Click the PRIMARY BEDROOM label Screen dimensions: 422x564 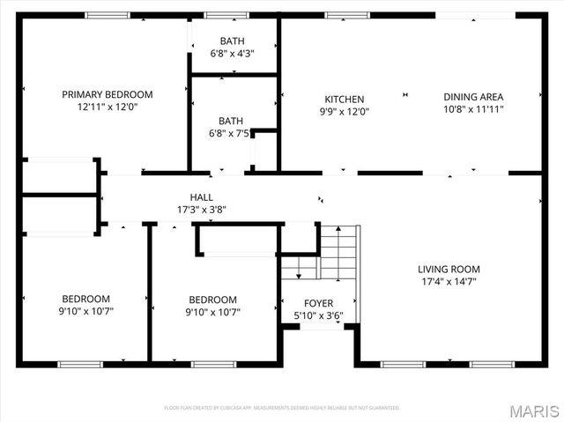click(107, 94)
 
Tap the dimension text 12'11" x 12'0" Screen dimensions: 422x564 click(107, 107)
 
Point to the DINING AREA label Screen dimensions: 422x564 click(473, 100)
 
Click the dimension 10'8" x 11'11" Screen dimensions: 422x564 click(473, 111)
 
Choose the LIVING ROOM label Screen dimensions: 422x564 click(449, 270)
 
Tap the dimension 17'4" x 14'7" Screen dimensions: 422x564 click(449, 282)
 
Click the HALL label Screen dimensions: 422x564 click(201, 198)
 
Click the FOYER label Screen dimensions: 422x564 click(318, 304)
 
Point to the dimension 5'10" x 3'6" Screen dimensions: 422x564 click(318, 315)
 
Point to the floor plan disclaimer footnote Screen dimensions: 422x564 click(282, 408)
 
